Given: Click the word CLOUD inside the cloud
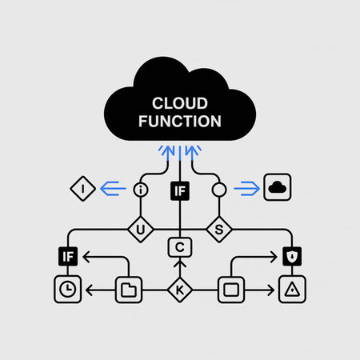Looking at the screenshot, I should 179,103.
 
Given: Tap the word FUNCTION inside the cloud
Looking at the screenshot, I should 179,122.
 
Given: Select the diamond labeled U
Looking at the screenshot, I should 142,230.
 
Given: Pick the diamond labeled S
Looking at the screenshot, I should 218,230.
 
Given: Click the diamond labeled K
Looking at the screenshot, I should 179,290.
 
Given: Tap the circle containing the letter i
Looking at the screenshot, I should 142,190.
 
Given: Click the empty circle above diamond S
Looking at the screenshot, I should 218,190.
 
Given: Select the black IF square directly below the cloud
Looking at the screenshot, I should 179,190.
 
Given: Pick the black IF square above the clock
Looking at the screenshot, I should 67,257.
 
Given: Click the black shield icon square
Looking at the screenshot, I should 290,257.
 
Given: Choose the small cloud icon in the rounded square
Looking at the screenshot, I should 277,187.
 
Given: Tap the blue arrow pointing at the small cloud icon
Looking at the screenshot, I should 245,189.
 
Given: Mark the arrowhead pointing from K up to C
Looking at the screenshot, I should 179,263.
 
